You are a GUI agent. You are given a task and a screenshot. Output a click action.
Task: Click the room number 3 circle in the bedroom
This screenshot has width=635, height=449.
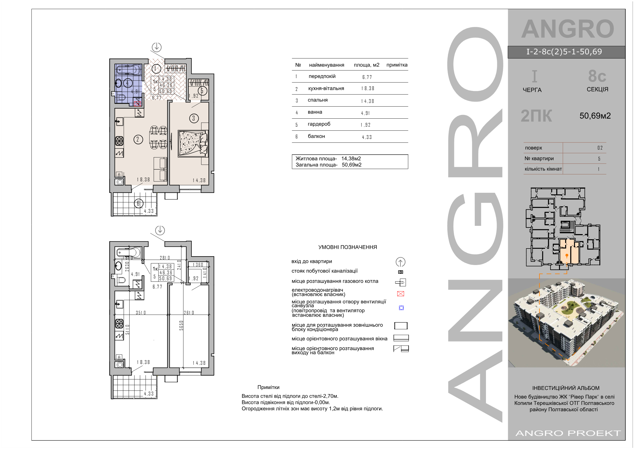[194, 118]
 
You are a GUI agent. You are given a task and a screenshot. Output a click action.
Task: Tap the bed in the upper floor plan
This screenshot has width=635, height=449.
[193, 144]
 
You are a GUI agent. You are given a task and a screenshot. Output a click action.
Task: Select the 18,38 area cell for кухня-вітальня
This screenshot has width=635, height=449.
[368, 89]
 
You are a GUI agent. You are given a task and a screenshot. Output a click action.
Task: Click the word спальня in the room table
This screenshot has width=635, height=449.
[317, 100]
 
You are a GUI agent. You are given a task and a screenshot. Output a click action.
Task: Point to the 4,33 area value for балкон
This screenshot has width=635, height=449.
[367, 137]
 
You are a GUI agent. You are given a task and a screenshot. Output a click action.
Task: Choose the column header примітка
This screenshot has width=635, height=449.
[397, 65]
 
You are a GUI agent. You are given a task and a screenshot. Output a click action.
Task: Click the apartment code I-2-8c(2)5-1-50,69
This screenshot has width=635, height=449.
[564, 52]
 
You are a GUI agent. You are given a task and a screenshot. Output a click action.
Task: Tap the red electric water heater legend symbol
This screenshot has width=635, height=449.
[400, 294]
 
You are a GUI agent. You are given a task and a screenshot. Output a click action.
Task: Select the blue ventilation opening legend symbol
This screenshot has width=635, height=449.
[401, 308]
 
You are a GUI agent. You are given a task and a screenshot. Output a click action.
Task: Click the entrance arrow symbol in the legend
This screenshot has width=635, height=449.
[400, 262]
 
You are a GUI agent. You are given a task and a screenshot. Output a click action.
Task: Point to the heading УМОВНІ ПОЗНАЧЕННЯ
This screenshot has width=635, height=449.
[348, 247]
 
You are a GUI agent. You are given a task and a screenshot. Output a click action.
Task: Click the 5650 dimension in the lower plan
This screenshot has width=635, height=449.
[182, 325]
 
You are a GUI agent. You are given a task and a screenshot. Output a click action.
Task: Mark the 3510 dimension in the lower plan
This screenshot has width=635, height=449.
[141, 312]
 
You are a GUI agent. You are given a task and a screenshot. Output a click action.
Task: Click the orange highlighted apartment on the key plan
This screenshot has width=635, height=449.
[569, 251]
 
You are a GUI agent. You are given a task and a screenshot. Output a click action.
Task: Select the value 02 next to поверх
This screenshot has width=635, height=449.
[600, 148]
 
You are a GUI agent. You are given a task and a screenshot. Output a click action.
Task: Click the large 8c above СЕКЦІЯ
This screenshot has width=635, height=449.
[597, 76]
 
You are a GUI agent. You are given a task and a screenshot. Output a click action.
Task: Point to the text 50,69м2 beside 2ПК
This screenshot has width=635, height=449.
[595, 116]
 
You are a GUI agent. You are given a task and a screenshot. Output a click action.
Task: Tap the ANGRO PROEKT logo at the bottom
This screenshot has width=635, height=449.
[568, 433]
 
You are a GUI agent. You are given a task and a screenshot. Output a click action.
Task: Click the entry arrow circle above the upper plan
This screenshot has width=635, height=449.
[156, 47]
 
